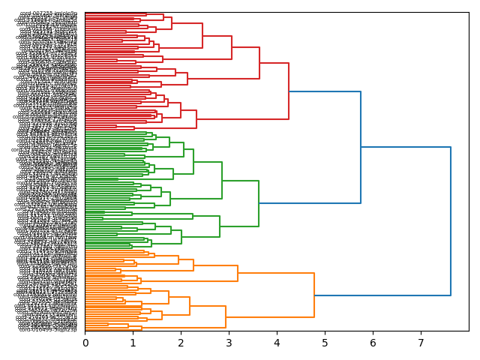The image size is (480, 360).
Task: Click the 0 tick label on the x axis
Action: point(85,343)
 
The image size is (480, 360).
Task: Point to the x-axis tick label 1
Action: point(133,343)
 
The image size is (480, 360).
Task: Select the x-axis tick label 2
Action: point(181,343)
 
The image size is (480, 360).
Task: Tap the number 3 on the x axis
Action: point(229,343)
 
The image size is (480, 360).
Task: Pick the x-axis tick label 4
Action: point(277,343)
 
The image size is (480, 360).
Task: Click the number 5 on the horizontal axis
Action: point(325,343)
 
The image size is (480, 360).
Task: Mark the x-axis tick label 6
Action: point(373,343)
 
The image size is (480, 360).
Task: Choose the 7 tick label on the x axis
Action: point(421,343)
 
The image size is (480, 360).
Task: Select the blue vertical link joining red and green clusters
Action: point(361,147)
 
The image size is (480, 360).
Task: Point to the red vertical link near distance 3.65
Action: point(259,63)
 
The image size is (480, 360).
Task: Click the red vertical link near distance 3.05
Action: point(232,47)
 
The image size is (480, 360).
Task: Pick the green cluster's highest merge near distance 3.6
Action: point(259,203)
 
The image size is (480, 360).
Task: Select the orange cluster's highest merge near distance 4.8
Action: point(314,295)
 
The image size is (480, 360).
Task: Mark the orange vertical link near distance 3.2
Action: point(238,274)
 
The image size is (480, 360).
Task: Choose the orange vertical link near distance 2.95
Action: point(226,316)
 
